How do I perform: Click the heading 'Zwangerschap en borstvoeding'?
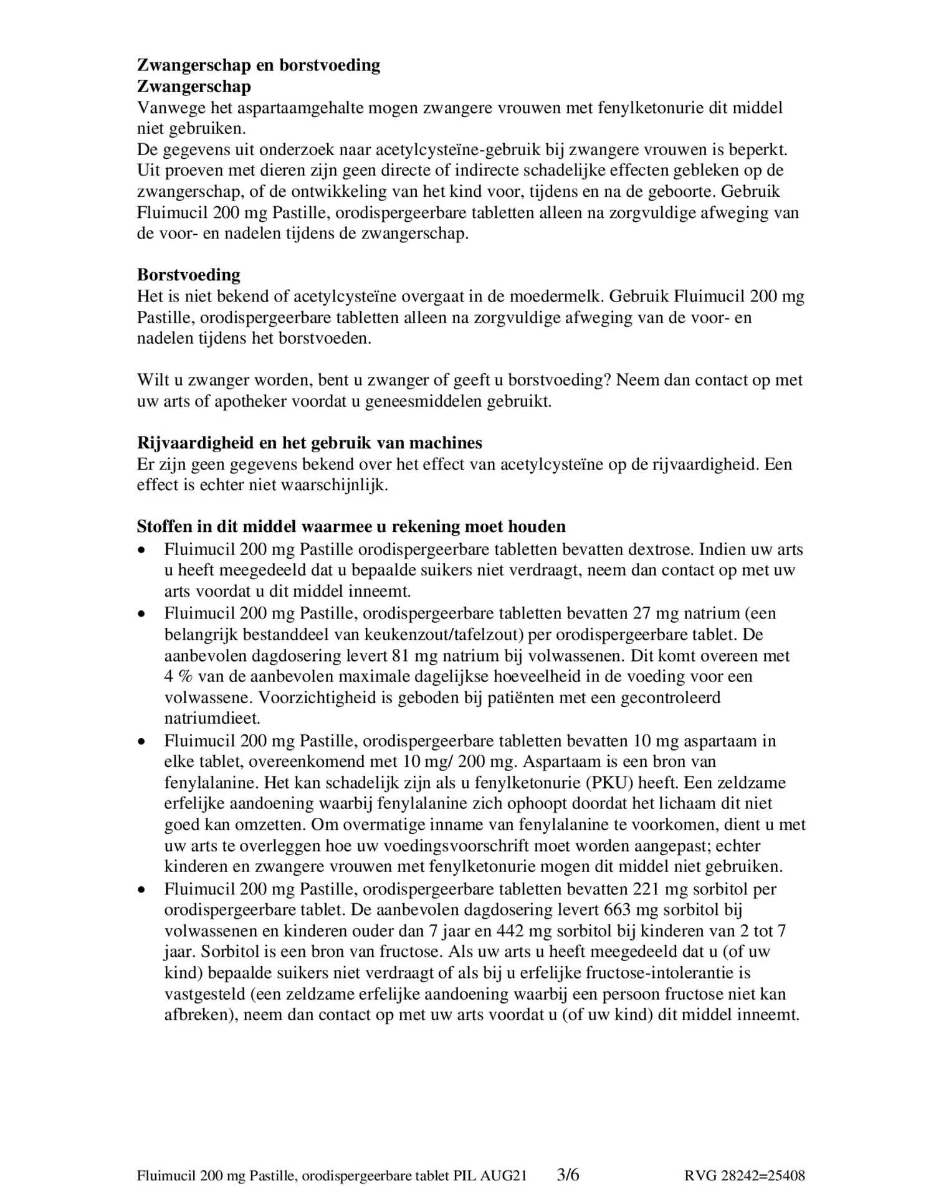coord(258,65)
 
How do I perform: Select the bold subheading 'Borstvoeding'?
coord(188,275)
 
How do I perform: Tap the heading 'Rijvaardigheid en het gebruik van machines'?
coord(309,443)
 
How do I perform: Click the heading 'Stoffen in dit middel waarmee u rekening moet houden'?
coord(351,526)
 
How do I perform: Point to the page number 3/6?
coord(568,1175)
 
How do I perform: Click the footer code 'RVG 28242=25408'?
coord(744,1176)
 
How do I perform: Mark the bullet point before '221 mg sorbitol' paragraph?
coord(143,889)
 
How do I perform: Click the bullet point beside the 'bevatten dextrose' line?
coord(143,550)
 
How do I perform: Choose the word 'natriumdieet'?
coord(212,718)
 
